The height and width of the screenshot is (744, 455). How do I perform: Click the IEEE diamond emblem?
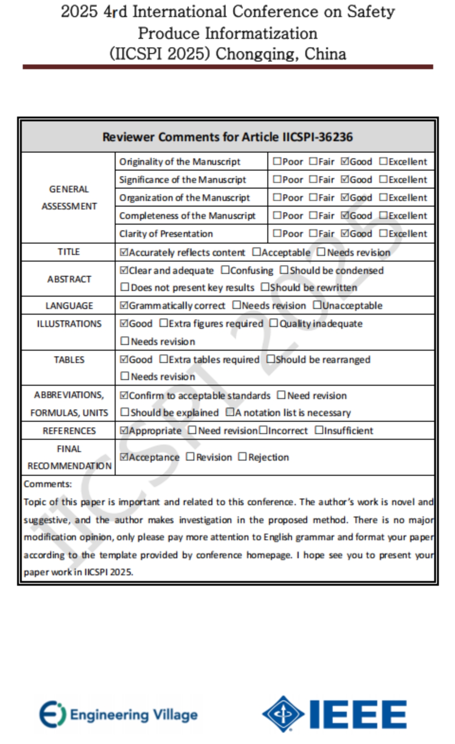point(283,714)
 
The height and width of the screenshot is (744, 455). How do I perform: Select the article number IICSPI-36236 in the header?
point(318,137)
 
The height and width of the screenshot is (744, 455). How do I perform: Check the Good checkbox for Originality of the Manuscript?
point(345,162)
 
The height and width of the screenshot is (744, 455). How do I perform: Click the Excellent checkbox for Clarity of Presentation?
point(383,234)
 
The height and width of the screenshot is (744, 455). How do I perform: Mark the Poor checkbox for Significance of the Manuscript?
point(277,180)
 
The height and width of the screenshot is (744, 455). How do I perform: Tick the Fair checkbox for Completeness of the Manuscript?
point(313,216)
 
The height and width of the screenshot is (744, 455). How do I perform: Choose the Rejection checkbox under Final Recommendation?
point(243,457)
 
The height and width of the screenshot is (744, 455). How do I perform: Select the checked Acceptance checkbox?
point(124,457)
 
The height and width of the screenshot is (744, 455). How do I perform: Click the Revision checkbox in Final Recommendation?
point(191,457)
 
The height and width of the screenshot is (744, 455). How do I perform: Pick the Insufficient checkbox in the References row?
point(319,430)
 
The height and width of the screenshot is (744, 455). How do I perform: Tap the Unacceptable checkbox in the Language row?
point(317,305)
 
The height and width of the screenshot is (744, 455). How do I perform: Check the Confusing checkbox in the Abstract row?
point(225,270)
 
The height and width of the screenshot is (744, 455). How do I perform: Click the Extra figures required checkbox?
point(164,323)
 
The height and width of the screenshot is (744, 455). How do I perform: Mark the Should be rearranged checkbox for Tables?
point(271,359)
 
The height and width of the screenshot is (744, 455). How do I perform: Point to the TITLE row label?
point(69,252)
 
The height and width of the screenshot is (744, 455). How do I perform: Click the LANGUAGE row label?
point(69,306)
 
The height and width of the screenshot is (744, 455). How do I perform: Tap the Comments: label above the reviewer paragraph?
point(48,484)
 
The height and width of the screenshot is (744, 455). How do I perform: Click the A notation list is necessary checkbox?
point(230,412)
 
